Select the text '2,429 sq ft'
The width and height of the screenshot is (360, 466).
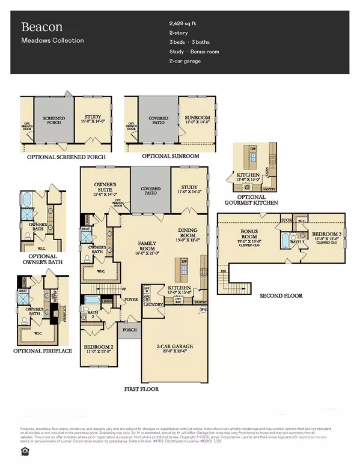(185, 24)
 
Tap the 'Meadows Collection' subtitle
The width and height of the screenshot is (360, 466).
(52, 41)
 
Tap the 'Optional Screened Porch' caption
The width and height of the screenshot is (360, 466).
(66, 157)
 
